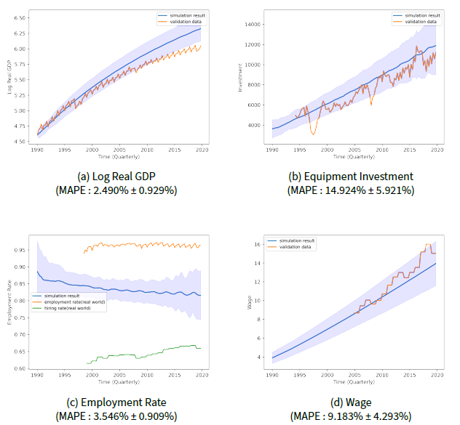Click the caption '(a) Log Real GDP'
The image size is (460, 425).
[116, 177]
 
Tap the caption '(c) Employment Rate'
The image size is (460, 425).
[116, 402]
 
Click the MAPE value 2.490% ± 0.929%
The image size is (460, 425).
[116, 190]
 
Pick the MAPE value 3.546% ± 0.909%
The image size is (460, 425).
[116, 416]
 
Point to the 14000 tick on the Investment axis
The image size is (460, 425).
[253, 24]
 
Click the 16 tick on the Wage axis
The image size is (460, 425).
[256, 244]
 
